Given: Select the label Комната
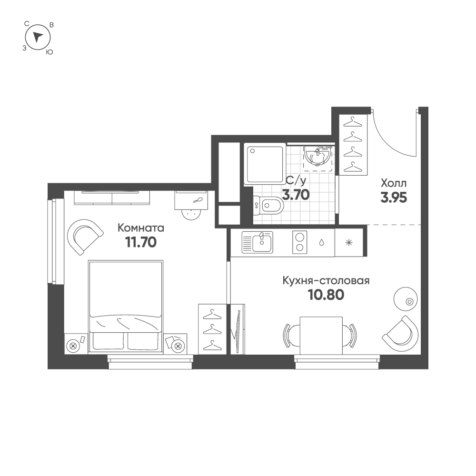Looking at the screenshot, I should (x=140, y=228).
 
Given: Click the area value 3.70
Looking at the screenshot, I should (x=296, y=194).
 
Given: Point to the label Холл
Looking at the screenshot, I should (x=394, y=183).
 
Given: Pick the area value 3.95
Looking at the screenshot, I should (x=393, y=197).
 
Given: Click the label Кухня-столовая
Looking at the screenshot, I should (x=326, y=281).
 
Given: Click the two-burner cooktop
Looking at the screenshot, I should (x=299, y=242).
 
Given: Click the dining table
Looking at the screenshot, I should (x=319, y=335).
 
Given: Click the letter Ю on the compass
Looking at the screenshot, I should (x=49, y=52).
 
